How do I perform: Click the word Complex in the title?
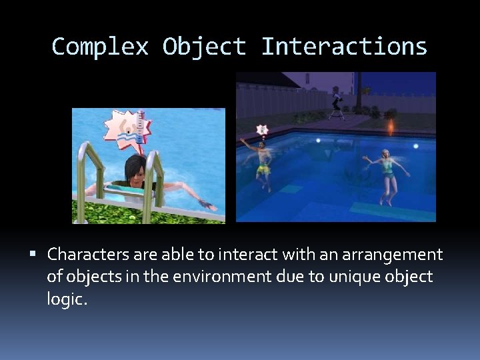click(x=99, y=47)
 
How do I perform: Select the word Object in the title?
click(x=204, y=47)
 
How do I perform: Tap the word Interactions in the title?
click(x=344, y=47)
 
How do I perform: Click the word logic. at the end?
click(x=67, y=299)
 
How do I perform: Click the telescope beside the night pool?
click(x=338, y=104)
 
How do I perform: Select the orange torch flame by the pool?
click(x=390, y=125)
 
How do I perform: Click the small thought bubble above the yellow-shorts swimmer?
click(x=262, y=129)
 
